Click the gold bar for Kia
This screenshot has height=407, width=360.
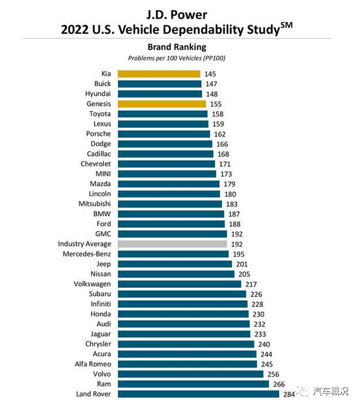[159, 74]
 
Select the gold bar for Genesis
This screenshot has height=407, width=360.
[162, 104]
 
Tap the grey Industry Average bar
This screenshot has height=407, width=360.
[172, 244]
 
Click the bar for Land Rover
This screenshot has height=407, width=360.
[199, 394]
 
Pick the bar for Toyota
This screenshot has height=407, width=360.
[163, 114]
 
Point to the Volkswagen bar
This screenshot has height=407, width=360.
[179, 284]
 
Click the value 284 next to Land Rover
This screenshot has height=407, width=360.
[288, 394]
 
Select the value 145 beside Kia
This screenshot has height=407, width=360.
[210, 74]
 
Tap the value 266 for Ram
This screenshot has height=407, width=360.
[277, 384]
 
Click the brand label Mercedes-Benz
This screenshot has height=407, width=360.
[87, 254]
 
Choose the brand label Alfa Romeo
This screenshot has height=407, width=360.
[93, 364]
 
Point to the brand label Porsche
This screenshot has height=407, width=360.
[100, 134]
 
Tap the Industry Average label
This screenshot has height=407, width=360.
[84, 244]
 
